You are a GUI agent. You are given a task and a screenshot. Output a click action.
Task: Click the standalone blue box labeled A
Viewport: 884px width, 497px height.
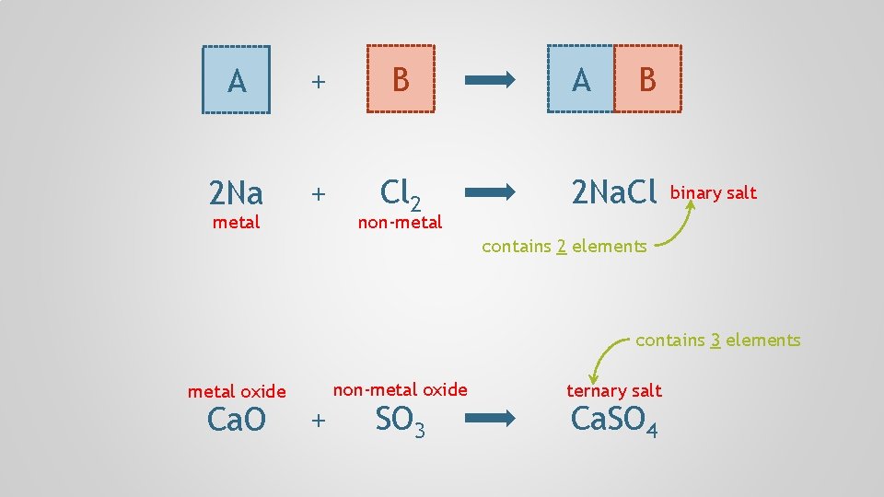[x=237, y=79]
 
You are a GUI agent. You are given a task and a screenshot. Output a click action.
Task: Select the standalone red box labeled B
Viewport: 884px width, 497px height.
[x=401, y=79]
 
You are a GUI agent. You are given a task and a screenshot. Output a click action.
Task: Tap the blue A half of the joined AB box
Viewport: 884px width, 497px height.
[x=581, y=79]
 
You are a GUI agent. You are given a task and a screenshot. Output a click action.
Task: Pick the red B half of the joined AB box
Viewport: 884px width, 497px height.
[x=648, y=79]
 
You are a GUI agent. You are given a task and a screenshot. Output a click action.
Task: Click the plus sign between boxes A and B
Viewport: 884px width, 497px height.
[x=318, y=82]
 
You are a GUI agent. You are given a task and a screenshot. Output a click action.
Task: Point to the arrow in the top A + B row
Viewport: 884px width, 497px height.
[x=491, y=80]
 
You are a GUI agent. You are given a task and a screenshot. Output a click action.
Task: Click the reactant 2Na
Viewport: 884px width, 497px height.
[x=236, y=193]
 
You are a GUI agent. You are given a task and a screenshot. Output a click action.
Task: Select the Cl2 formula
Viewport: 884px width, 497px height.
[x=401, y=192]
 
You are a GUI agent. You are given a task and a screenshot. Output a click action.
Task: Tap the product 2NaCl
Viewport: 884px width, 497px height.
[x=613, y=192]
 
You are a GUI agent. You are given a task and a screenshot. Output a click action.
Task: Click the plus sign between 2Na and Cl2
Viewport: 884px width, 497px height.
[x=318, y=193]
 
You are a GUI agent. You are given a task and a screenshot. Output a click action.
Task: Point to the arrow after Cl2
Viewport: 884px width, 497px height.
[x=491, y=192]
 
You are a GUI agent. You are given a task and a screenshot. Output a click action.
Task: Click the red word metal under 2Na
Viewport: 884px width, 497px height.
[x=236, y=222]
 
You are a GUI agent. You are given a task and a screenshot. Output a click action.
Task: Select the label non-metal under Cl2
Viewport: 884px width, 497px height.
[x=400, y=222]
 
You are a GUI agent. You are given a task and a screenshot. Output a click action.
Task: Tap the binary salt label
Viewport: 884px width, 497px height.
[x=713, y=192]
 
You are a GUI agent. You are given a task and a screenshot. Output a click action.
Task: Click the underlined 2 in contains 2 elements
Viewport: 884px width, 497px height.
[x=560, y=246]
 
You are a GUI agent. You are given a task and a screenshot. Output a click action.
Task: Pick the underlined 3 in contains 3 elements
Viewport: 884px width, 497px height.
[x=715, y=340]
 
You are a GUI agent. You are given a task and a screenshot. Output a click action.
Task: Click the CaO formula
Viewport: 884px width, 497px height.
[x=237, y=420]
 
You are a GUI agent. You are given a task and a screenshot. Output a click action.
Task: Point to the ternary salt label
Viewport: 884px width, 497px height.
[x=613, y=390]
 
